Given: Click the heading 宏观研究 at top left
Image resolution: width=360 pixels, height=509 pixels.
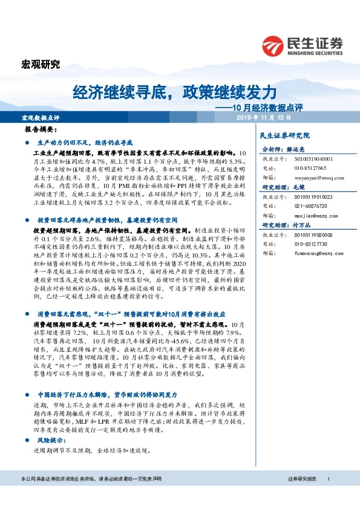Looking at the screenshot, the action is [x=41, y=64].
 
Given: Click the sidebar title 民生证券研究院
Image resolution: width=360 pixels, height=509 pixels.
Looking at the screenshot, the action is [x=284, y=135].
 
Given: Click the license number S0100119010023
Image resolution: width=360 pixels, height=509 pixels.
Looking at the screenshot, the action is [x=315, y=197].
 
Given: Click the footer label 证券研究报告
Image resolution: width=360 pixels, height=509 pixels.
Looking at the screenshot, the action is [x=303, y=479].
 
